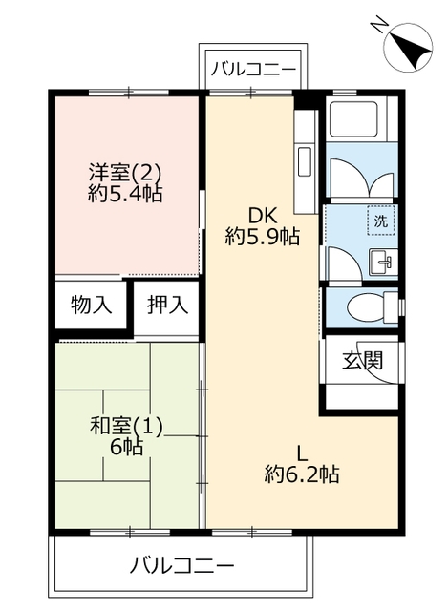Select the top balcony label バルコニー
(253, 71)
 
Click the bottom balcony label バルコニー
(182, 566)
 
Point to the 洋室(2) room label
(125, 172)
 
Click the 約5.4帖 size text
(125, 193)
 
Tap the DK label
(263, 216)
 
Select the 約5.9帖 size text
(263, 236)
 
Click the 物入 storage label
(92, 305)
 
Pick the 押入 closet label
(167, 305)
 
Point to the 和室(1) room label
(126, 426)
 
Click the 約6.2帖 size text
(302, 474)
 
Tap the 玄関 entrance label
(363, 361)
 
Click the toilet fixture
(372, 307)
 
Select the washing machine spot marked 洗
(381, 221)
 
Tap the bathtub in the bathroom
(353, 118)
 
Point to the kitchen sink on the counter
(304, 160)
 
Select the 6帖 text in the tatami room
(126, 448)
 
